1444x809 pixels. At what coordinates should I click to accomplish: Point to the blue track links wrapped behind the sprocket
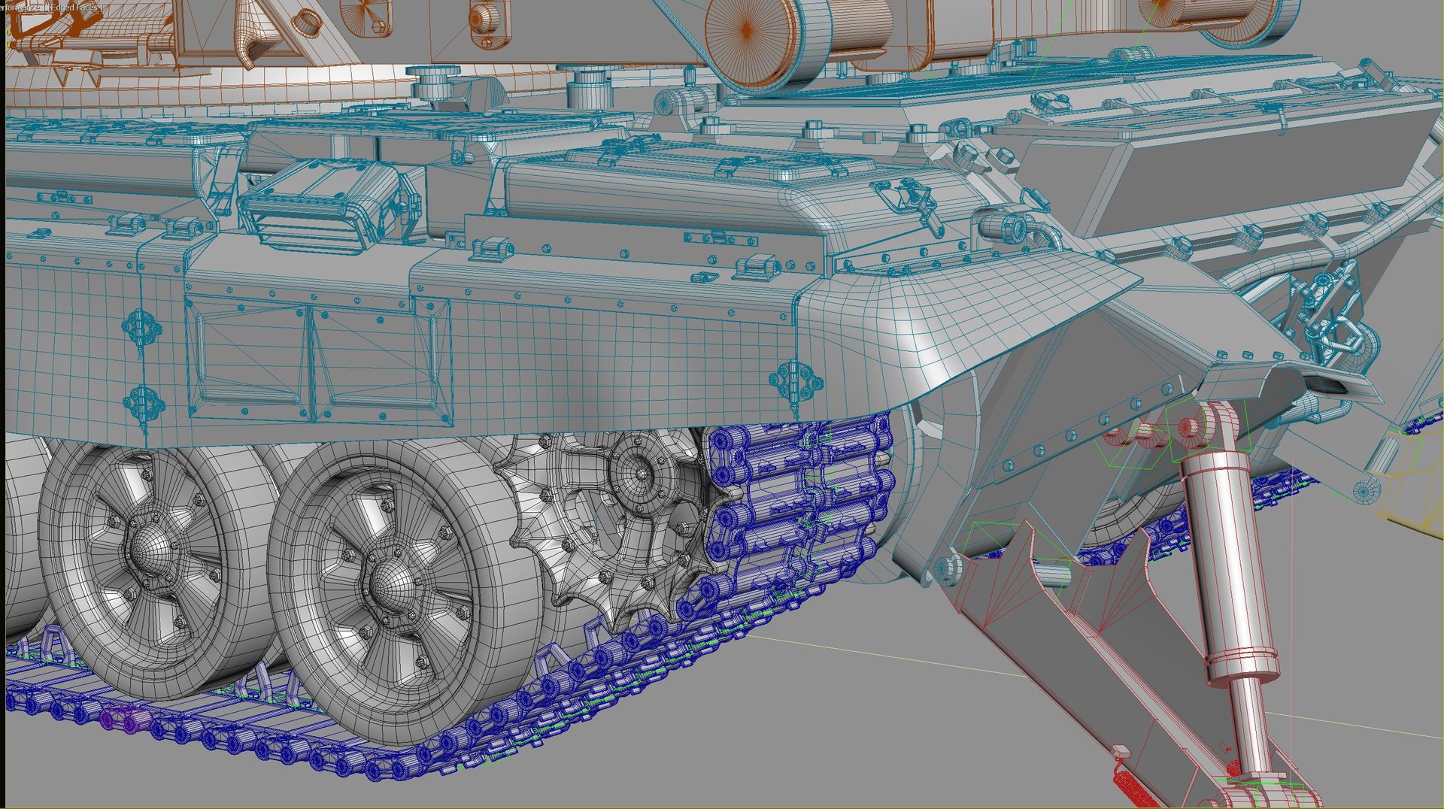(797, 496)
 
